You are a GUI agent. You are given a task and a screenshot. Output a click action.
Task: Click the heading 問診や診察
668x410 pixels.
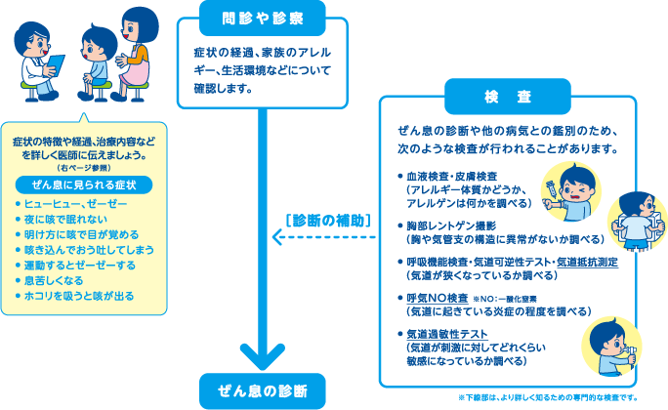[x=263, y=17]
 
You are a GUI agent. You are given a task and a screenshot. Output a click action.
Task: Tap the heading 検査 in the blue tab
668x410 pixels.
[x=508, y=97]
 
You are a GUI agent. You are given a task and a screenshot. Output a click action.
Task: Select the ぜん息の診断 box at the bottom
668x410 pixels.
[x=263, y=390]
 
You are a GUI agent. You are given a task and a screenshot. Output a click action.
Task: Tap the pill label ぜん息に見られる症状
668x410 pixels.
[x=82, y=184]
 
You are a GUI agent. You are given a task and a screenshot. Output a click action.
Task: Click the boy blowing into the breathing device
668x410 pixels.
[x=605, y=347]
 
